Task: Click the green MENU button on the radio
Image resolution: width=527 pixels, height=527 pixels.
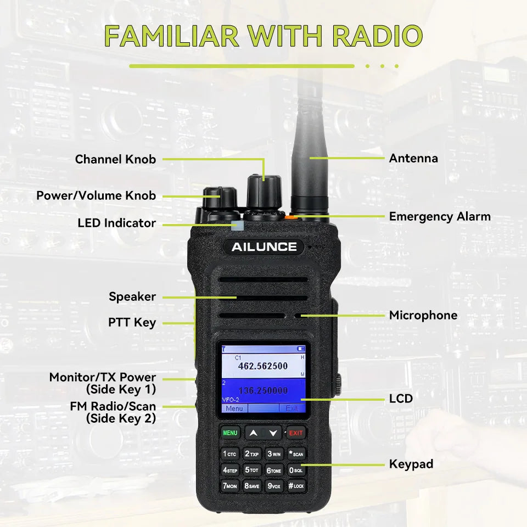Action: (230, 433)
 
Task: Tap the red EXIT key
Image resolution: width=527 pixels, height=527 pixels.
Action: (296, 433)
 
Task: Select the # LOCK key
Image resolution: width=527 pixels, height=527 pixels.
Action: (296, 486)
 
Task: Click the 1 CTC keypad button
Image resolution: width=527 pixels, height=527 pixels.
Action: (230, 454)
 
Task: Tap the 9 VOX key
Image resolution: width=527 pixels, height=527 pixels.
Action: (274, 486)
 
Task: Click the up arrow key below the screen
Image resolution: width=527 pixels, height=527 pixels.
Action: (254, 433)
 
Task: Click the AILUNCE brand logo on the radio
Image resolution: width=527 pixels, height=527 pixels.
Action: (264, 247)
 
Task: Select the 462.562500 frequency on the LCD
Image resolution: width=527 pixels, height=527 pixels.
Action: (263, 366)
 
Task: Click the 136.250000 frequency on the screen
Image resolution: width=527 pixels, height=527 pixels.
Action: (263, 390)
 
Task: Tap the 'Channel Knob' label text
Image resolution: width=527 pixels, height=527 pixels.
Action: (116, 159)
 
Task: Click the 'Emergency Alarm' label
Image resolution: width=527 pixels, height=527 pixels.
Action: (440, 217)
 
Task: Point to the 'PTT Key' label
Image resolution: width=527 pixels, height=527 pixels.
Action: (132, 323)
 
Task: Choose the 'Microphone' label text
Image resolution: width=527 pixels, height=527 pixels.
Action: (423, 315)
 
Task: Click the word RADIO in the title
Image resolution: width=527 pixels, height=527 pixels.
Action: (378, 36)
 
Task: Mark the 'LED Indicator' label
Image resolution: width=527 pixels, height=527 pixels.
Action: (117, 223)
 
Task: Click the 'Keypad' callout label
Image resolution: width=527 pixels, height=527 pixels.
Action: (411, 464)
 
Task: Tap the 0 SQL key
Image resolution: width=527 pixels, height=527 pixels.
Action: (296, 470)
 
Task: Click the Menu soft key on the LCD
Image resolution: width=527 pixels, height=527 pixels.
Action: (234, 408)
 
